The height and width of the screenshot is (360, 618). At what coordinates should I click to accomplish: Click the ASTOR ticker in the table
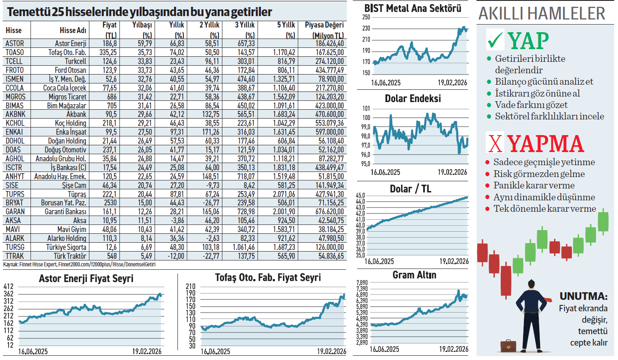click(15, 44)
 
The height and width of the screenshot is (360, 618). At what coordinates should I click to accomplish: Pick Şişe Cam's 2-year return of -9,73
click(212, 186)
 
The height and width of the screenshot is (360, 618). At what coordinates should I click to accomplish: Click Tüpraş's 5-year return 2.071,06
click(284, 194)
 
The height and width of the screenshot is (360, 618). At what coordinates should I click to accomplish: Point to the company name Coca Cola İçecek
click(64, 88)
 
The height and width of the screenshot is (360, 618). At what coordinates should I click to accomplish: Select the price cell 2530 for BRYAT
click(110, 203)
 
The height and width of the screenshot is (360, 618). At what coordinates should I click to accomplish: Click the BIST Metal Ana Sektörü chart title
click(413, 8)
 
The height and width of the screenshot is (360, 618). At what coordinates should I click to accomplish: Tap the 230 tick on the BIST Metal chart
click(366, 28)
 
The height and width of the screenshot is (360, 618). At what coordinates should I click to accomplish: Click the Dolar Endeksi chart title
click(413, 99)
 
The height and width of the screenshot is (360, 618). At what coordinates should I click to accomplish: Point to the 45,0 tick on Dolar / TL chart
click(360, 196)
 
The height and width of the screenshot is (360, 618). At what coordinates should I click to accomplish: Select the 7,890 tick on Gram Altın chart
click(362, 283)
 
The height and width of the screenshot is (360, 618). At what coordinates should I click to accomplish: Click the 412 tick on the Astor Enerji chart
click(8, 287)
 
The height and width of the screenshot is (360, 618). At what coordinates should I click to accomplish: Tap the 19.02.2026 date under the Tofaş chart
click(331, 352)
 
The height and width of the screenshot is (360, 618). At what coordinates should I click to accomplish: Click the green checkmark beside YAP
click(495, 40)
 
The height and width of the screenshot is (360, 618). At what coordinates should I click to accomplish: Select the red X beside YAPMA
click(495, 143)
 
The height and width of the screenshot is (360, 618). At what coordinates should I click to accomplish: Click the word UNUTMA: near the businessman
click(583, 296)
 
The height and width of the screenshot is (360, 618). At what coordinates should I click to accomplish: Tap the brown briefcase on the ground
click(508, 346)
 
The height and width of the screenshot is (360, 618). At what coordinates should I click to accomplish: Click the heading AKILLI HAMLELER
click(542, 14)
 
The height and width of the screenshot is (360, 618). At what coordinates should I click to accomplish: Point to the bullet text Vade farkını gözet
click(531, 105)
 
